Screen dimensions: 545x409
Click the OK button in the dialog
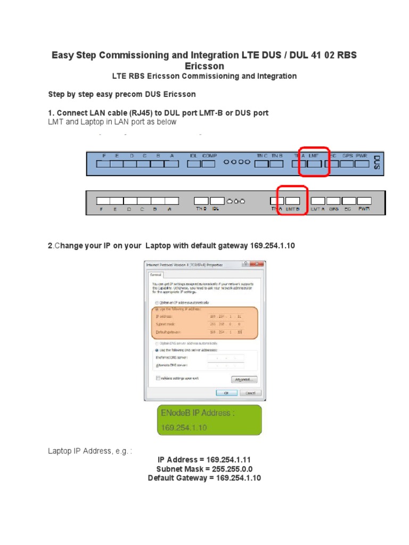coord(226,393)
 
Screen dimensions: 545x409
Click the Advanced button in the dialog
coord(244,379)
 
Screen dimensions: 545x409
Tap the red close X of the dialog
coord(259,264)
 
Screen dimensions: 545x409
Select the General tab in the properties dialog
coord(155,275)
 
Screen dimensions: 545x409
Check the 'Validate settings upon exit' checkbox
coord(158,378)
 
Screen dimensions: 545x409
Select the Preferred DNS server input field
coord(226,358)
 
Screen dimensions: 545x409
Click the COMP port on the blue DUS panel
coord(209,164)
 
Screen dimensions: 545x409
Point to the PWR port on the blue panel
coord(362,164)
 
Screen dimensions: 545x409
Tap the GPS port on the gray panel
coord(334,201)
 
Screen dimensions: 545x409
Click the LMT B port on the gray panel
coord(293,201)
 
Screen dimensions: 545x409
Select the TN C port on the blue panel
coord(261,164)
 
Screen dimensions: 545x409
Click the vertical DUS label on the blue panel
coord(377,162)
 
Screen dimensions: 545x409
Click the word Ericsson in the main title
coord(204,66)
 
